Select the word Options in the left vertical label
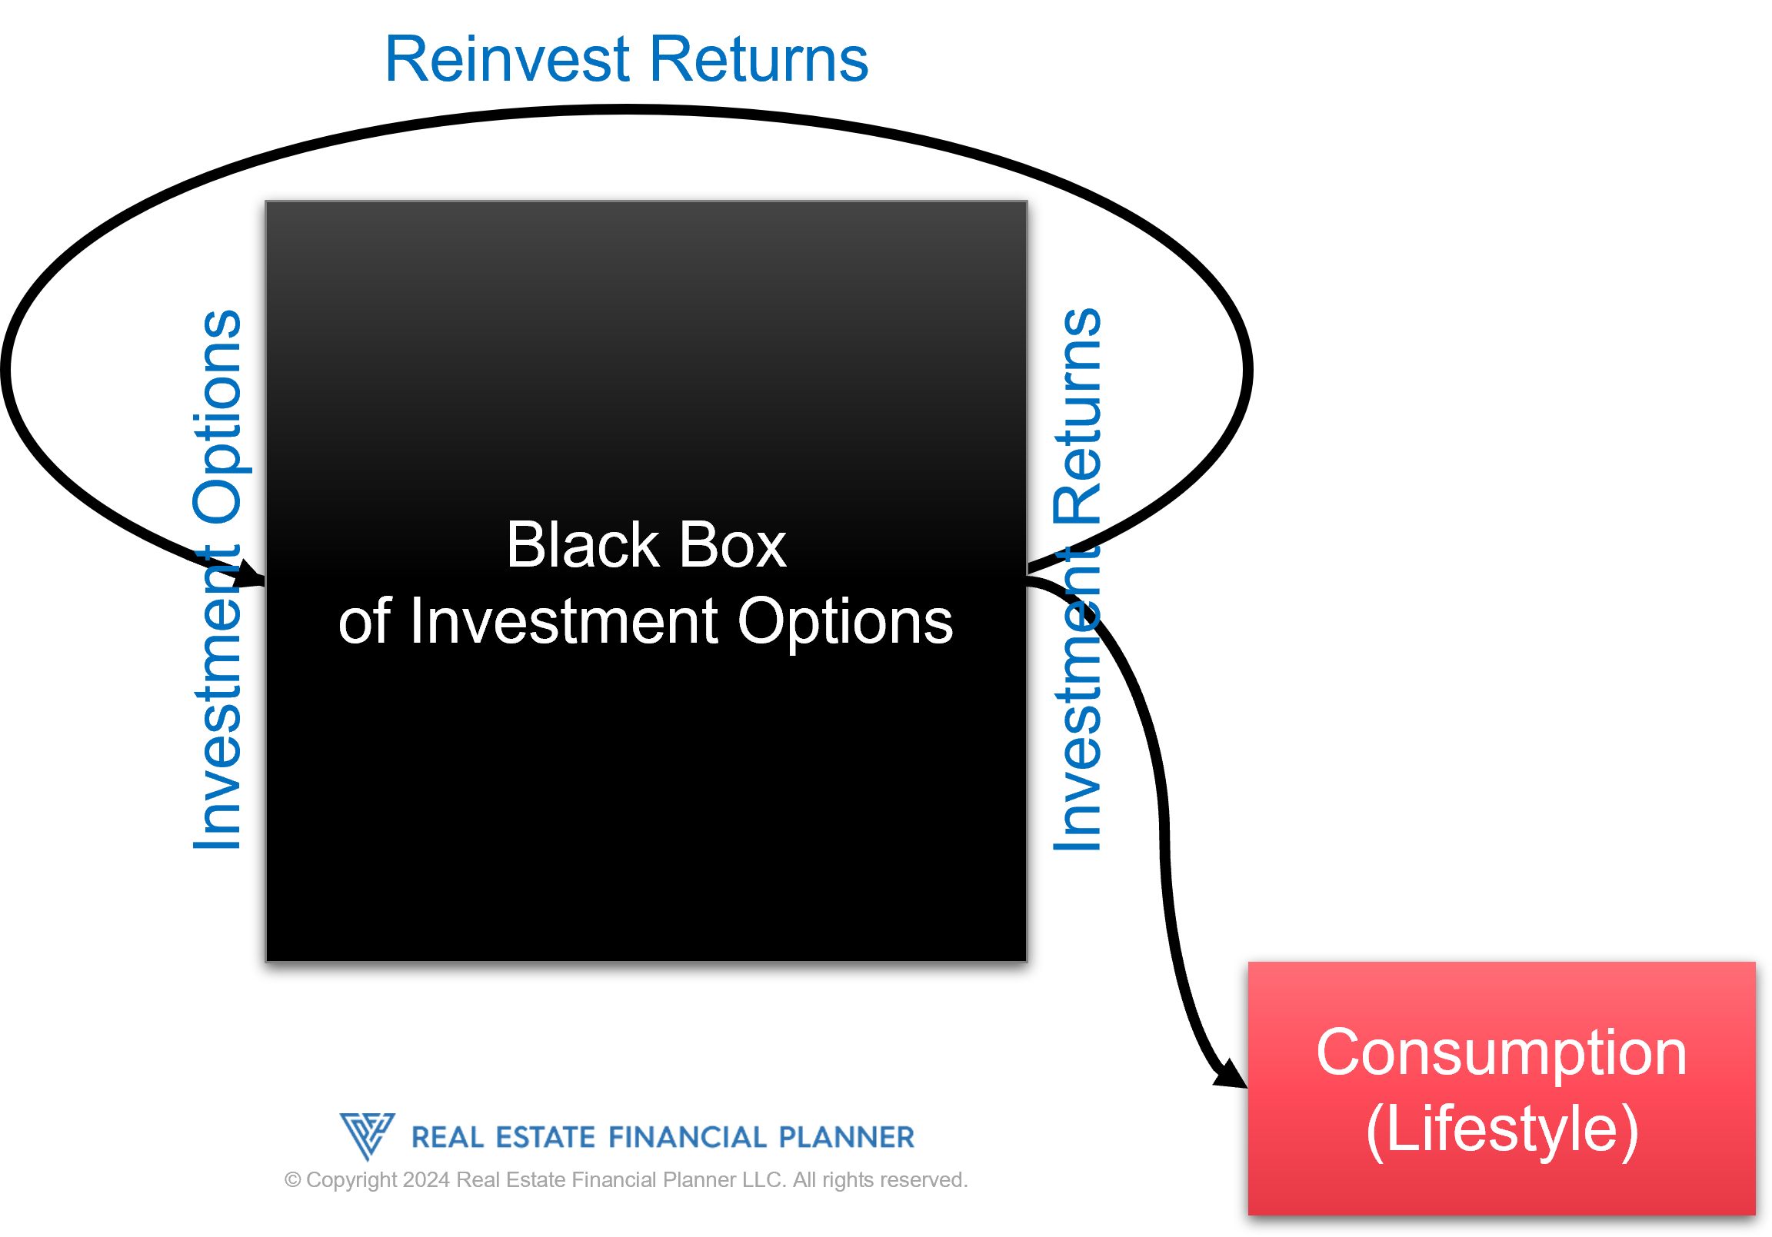point(218,417)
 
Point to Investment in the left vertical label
point(218,698)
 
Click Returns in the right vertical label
point(1078,417)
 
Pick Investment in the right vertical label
point(1078,698)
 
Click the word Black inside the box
point(581,545)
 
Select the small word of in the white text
point(365,621)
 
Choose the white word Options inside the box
point(845,621)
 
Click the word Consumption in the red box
point(1501,1052)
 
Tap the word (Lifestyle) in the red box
point(1501,1129)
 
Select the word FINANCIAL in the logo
point(688,1138)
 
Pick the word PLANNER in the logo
point(846,1138)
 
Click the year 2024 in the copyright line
point(426,1180)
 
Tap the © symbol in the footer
point(292,1180)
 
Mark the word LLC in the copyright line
point(764,1180)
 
